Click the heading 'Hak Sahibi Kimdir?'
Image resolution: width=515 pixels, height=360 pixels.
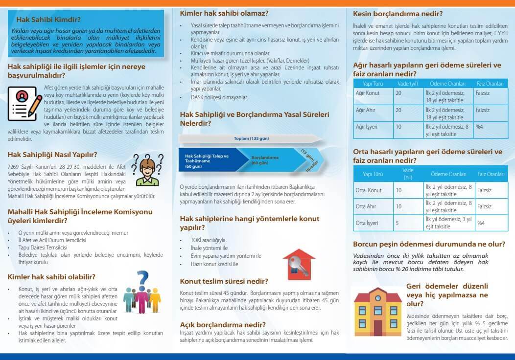point(48,20)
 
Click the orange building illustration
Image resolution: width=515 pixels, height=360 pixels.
point(377,310)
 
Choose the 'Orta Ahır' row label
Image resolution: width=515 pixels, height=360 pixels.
point(366,206)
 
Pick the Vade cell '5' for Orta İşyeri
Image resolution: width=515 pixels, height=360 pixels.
point(397,223)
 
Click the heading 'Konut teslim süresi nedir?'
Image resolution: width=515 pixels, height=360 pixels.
point(224,281)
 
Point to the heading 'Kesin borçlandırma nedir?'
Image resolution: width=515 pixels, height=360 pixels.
point(398,14)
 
